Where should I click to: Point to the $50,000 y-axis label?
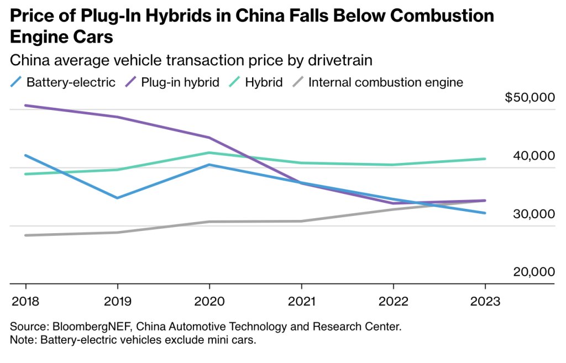[529, 98]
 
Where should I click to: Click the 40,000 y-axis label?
[533, 156]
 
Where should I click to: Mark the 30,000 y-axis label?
[533, 214]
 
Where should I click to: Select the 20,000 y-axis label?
[533, 272]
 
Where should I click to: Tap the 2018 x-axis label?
[25, 302]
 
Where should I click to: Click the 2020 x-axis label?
[209, 302]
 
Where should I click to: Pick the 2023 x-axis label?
[485, 302]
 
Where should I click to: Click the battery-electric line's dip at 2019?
[118, 197]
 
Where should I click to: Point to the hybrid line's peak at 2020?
[209, 152]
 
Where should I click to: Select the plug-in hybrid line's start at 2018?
[26, 106]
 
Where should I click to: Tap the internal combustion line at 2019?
[118, 232]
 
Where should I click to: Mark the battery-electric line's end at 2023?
[485, 213]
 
